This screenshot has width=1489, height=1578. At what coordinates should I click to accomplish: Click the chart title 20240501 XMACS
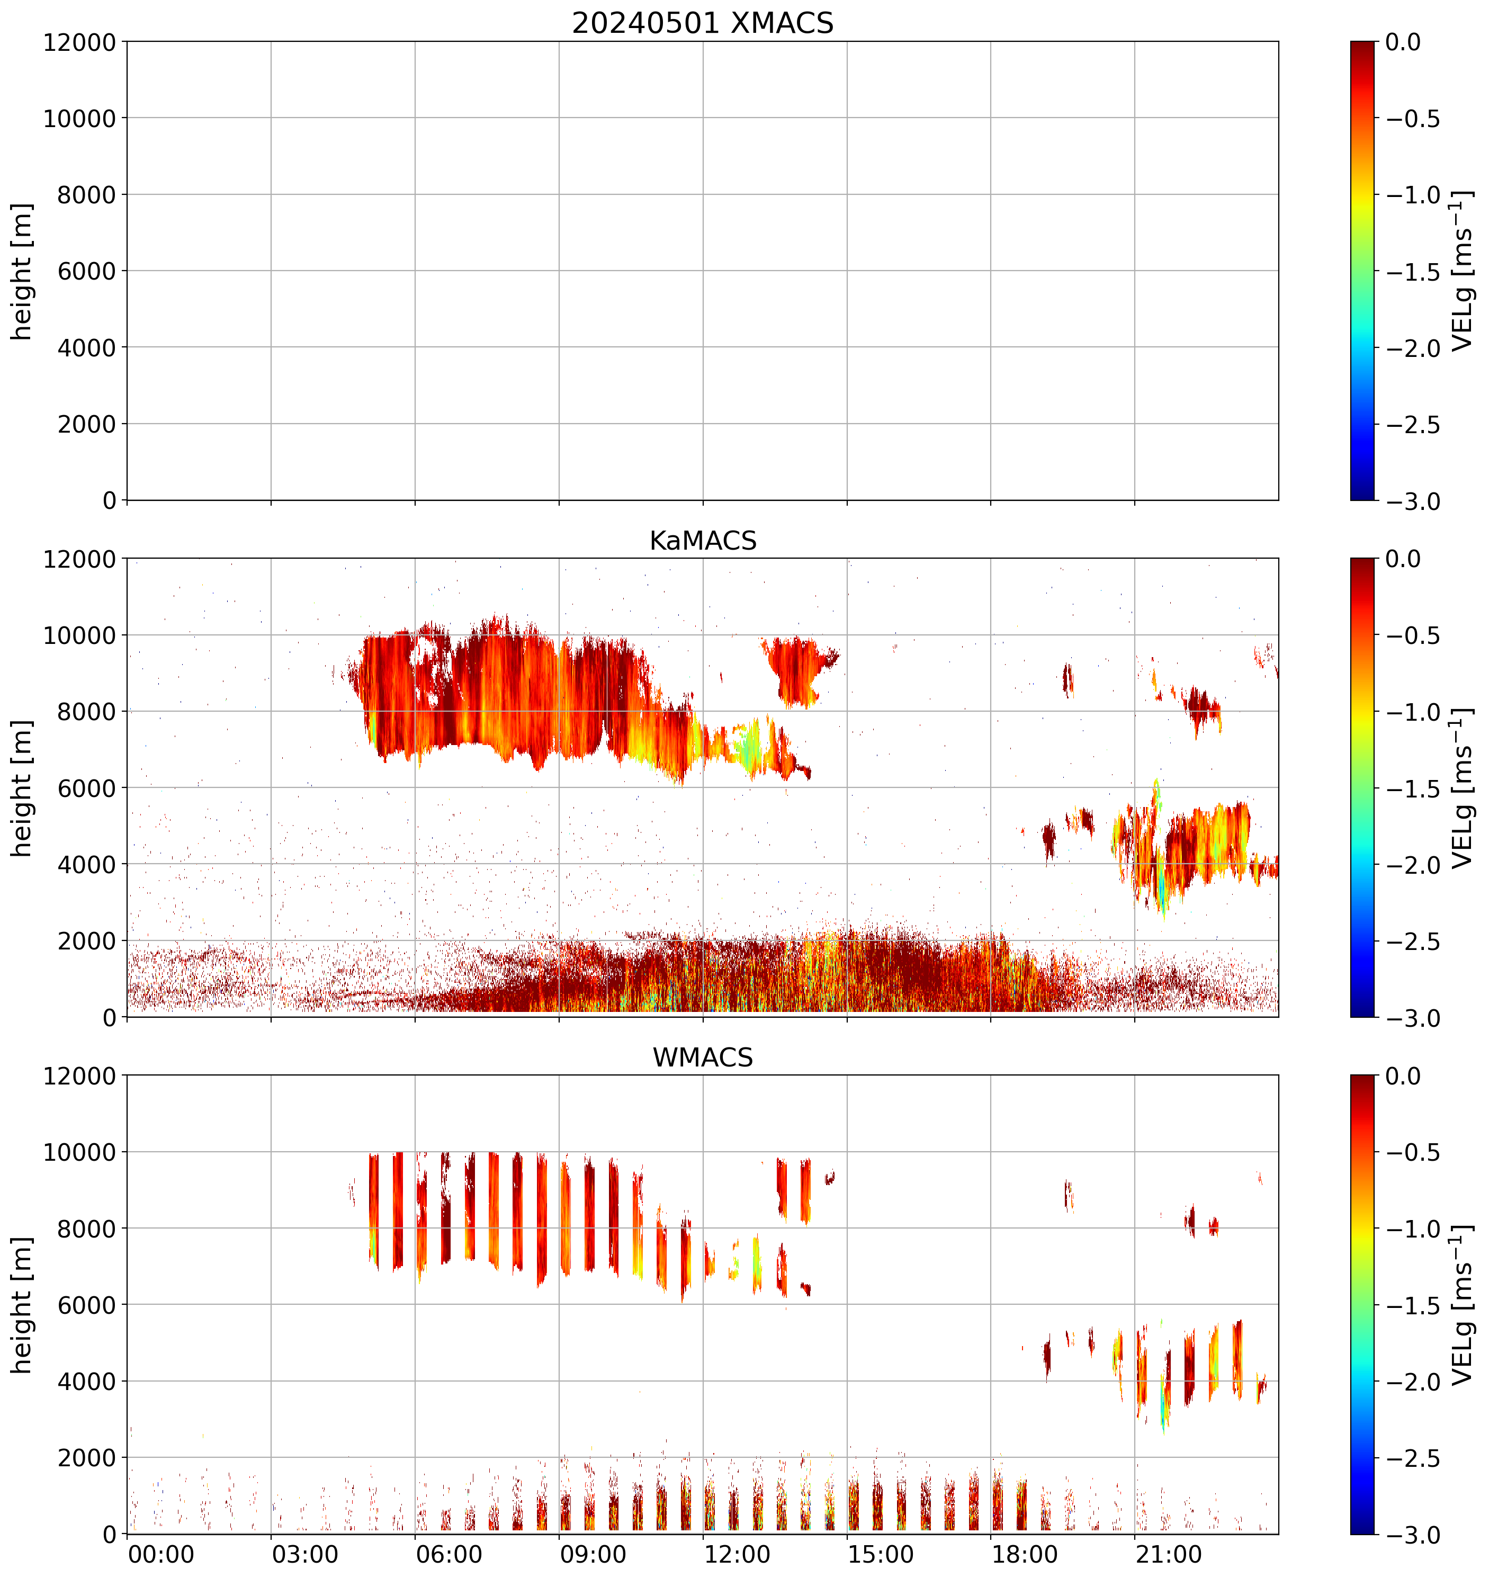click(703, 23)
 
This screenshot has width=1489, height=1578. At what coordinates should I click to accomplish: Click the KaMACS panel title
click(703, 541)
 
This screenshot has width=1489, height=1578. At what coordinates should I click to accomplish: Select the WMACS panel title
click(703, 1057)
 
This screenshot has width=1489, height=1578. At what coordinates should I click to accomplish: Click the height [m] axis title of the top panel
click(22, 272)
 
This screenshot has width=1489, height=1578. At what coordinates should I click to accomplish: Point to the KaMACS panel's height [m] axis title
click(22, 788)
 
